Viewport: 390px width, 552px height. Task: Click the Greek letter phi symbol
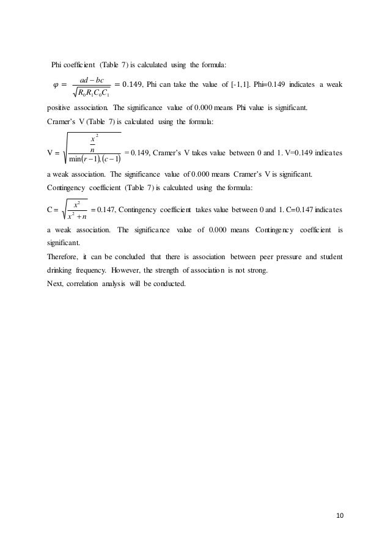(x=57, y=84)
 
